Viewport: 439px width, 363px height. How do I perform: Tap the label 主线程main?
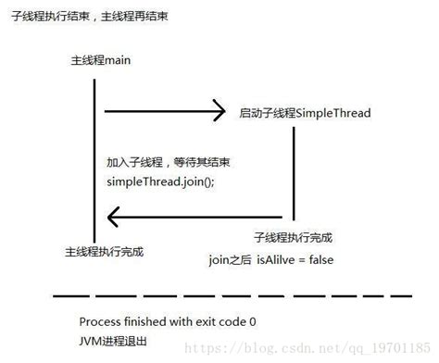[101, 60]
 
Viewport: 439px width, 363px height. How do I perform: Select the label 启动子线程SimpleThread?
[305, 113]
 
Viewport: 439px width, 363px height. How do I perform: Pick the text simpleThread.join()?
[159, 181]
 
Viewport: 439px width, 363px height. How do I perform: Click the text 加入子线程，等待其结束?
[169, 162]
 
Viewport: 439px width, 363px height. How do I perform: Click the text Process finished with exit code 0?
[168, 321]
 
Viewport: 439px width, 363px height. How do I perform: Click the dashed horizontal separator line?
[232, 296]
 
